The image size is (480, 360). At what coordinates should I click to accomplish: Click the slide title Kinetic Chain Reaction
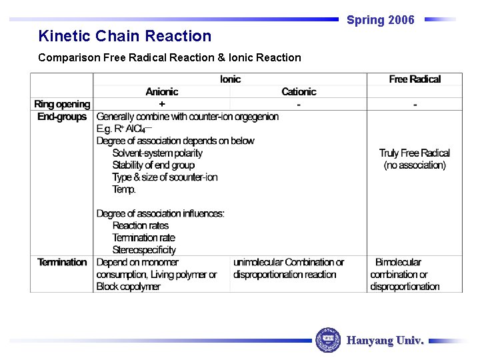125,36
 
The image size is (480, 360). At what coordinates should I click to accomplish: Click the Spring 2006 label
380,20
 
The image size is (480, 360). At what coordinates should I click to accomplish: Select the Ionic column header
230,79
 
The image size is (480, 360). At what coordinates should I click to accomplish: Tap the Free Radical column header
415,79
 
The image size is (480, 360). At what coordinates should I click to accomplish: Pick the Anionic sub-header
162,92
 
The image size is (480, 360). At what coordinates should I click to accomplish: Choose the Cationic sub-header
299,92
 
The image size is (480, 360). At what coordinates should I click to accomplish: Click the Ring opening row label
62,104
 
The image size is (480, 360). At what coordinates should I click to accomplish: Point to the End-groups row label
62,117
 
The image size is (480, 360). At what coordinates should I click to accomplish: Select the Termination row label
62,262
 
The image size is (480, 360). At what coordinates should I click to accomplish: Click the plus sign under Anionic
162,105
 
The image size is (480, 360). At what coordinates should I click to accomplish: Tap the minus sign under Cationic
299,105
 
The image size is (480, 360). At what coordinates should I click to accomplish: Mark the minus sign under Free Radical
415,105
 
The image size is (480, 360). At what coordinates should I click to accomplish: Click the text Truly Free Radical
415,153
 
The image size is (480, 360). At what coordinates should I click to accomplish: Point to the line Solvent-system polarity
157,153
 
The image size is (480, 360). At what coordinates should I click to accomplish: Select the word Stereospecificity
144,250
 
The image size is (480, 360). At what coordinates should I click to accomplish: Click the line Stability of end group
153,165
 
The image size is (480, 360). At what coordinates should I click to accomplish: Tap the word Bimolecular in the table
398,262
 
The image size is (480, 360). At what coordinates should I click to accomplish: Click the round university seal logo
327,340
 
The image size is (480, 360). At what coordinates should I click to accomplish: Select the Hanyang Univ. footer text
385,341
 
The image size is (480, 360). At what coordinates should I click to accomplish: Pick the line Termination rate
143,238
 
